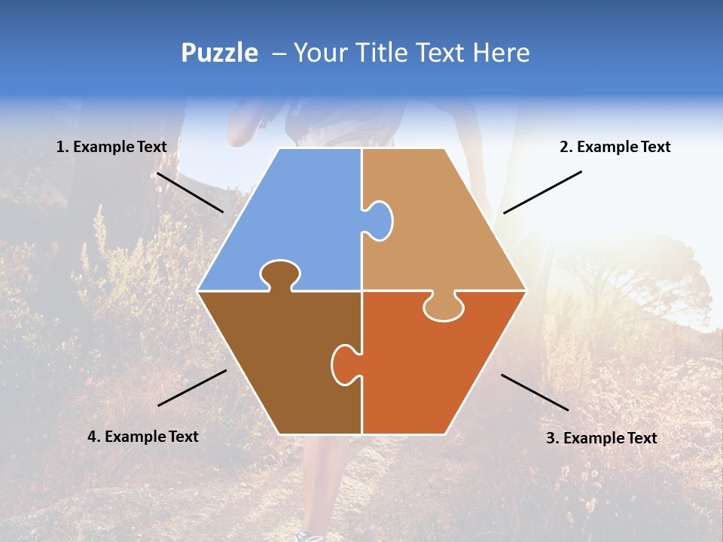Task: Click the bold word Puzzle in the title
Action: (219, 53)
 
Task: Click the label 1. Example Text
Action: (111, 147)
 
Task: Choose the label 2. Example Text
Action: (615, 147)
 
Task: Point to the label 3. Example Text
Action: (601, 438)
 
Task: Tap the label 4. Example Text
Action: (143, 437)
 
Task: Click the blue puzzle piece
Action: (294, 218)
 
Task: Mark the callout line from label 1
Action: (190, 193)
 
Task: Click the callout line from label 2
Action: (542, 192)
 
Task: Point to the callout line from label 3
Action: (535, 392)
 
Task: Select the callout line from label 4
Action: (192, 388)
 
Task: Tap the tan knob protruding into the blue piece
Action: (379, 220)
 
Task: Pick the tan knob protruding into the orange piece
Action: (444, 306)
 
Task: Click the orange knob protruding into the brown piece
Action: (344, 364)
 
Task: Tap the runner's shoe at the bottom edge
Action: (309, 536)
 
